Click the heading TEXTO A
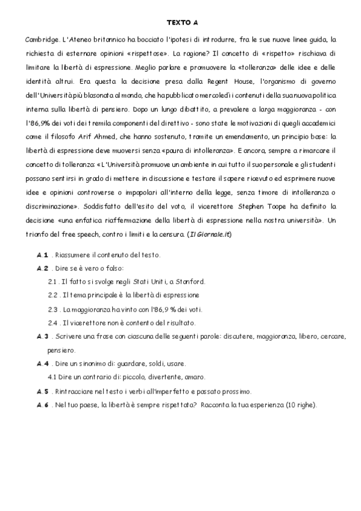[x=181, y=23]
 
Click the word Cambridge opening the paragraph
[x=42, y=39]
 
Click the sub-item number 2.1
[x=52, y=281]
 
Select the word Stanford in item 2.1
[x=190, y=281]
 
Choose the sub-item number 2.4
[x=52, y=322]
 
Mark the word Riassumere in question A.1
[x=71, y=255]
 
